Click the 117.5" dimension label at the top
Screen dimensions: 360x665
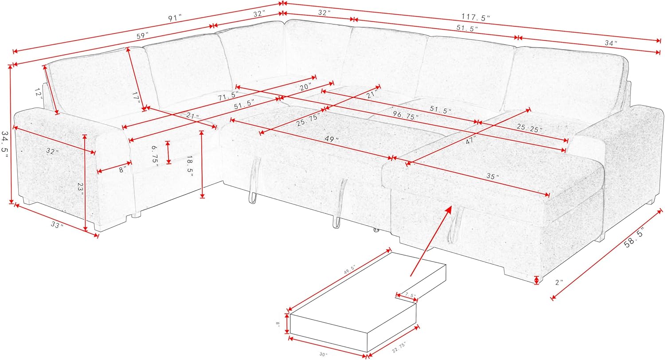(475, 18)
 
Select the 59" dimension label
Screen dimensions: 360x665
(142, 37)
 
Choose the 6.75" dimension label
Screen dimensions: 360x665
(155, 155)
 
